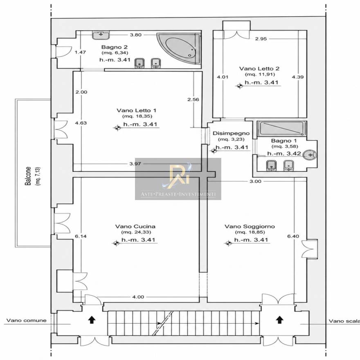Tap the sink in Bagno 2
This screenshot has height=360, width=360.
tap(101, 35)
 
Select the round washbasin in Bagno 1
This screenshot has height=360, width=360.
tap(309, 155)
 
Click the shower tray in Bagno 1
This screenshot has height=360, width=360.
tap(282, 128)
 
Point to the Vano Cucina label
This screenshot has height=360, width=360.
tap(135, 226)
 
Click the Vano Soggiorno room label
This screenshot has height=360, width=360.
tap(250, 226)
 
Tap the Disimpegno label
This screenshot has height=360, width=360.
tap(231, 133)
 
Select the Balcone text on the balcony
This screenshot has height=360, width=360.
tap(28, 176)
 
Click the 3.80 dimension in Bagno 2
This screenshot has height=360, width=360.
tap(135, 35)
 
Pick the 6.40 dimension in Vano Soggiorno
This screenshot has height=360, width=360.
tap(293, 236)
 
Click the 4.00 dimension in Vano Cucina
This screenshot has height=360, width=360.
tap(138, 297)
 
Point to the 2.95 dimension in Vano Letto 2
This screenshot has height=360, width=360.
tap(261, 38)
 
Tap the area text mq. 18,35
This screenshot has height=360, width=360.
tap(137, 116)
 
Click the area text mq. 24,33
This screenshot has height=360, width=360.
tap(136, 232)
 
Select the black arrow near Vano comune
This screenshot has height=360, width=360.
tap(92, 319)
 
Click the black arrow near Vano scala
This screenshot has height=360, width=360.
tap(279, 319)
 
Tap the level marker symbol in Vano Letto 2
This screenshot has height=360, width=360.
tap(240, 86)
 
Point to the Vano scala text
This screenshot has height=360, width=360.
tap(344, 321)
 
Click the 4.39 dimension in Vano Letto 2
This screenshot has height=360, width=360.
tap(298, 77)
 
